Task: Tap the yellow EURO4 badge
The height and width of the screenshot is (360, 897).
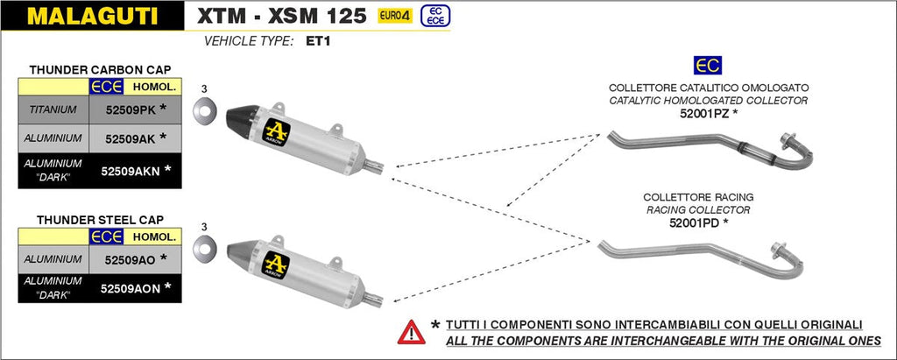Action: tap(397, 15)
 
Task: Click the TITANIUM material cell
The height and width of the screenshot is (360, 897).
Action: tap(53, 109)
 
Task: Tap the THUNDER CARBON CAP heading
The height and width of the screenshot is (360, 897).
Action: tap(100, 68)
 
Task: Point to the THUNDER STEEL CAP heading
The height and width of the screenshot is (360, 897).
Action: tap(100, 219)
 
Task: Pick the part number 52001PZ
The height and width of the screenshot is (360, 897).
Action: tap(705, 113)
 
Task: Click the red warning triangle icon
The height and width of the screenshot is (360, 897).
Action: tap(409, 331)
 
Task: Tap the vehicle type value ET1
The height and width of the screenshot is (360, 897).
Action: tap(319, 40)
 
